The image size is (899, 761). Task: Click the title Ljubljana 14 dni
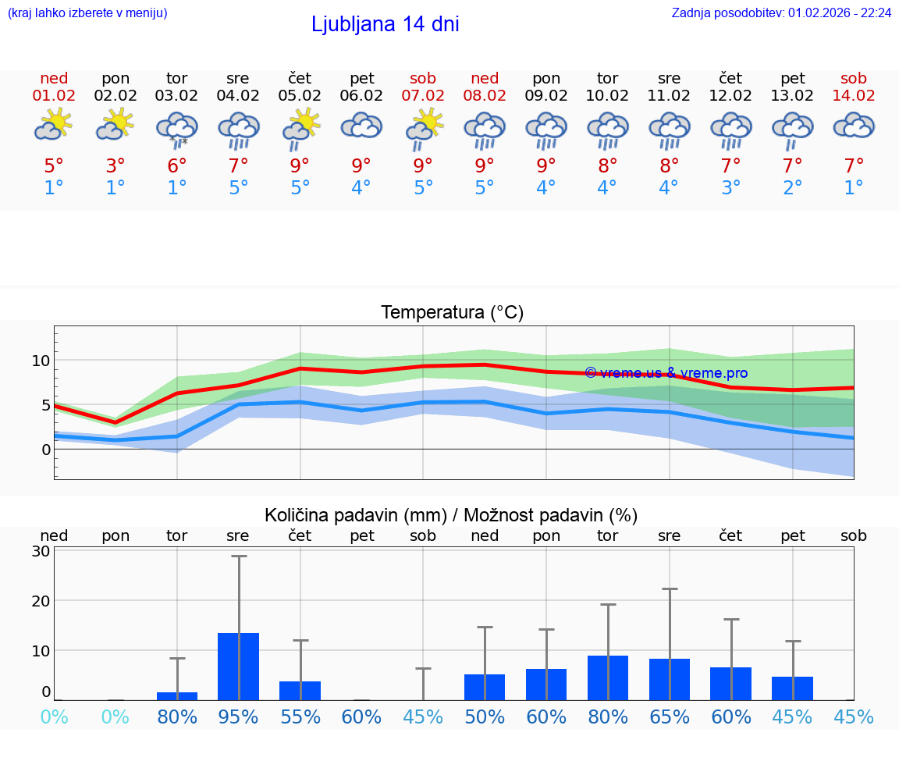(x=385, y=24)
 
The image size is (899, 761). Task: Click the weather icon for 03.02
(x=177, y=128)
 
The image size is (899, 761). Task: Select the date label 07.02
(x=423, y=95)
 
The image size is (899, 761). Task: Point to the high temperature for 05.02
(x=300, y=165)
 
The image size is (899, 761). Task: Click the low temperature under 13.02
(x=793, y=187)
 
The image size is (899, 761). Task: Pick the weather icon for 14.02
(x=854, y=126)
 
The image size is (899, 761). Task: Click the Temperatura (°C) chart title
(x=452, y=312)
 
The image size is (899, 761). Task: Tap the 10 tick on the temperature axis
(x=41, y=361)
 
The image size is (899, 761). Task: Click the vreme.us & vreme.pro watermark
(x=666, y=373)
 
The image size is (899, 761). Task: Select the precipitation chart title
(x=451, y=515)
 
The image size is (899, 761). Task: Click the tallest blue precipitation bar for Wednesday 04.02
(x=238, y=667)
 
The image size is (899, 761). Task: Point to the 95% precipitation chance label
(x=238, y=717)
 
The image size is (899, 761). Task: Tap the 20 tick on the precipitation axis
(x=41, y=601)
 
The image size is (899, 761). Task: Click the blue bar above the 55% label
(x=300, y=691)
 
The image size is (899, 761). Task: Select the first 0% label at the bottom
(x=54, y=717)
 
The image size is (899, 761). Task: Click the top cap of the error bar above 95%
(x=239, y=557)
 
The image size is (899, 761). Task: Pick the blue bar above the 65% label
(x=670, y=679)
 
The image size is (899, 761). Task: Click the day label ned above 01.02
(x=54, y=78)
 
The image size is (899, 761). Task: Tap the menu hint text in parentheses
(x=87, y=12)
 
